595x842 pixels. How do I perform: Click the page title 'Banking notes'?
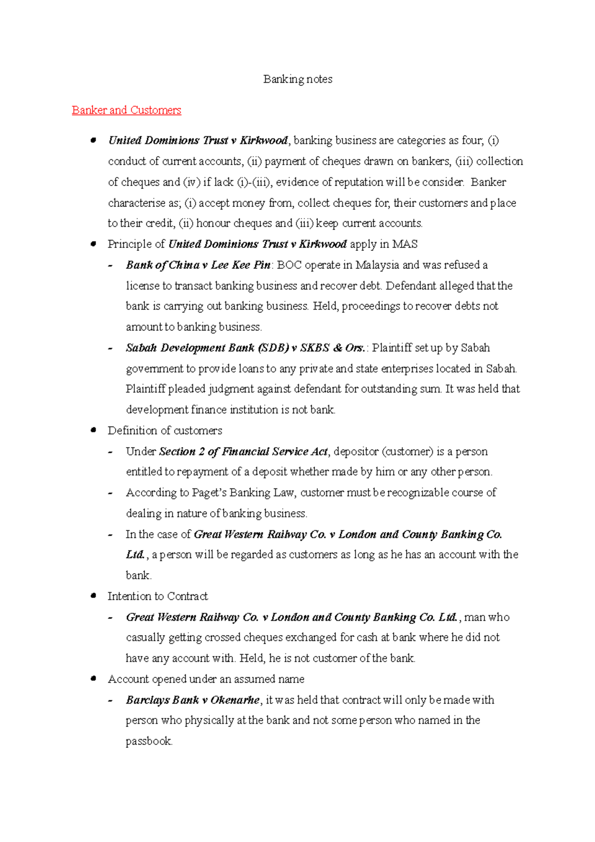click(x=297, y=79)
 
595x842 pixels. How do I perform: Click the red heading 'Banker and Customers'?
click(x=126, y=110)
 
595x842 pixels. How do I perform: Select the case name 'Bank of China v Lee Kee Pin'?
click(x=198, y=265)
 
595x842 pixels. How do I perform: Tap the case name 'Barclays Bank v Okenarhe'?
click(x=192, y=700)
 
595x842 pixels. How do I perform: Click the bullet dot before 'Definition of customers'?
click(x=93, y=430)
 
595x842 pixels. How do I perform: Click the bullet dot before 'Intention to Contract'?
click(x=93, y=596)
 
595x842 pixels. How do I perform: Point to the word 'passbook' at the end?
click(x=148, y=741)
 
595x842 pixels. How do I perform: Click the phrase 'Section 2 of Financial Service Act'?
click(x=243, y=452)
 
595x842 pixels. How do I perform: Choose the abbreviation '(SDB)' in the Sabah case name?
click(x=273, y=348)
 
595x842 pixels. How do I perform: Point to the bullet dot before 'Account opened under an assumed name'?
click(x=93, y=679)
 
